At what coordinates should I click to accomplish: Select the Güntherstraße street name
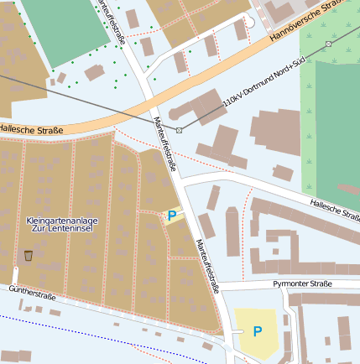click(x=31, y=295)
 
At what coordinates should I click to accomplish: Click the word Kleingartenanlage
click(x=63, y=220)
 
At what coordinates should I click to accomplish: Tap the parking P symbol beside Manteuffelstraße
click(x=172, y=216)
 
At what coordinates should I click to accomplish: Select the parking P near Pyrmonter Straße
click(x=258, y=331)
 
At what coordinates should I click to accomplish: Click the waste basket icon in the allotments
click(x=29, y=255)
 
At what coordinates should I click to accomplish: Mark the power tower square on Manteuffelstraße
click(x=179, y=130)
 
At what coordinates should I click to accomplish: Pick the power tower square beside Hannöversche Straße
click(x=328, y=44)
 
